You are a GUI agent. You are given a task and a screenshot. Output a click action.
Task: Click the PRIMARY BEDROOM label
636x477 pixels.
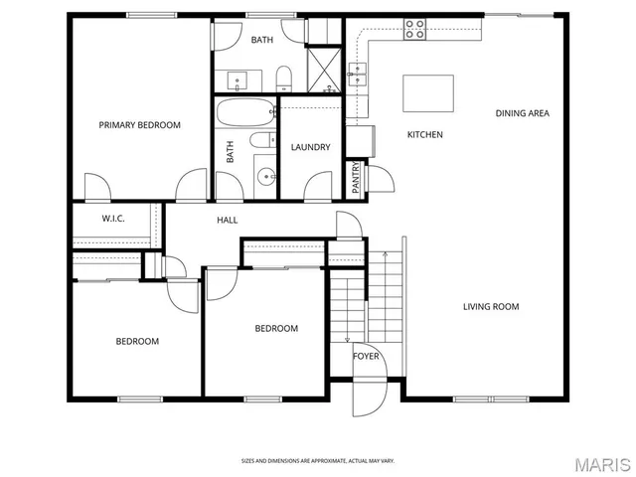pyautogui.click(x=139, y=125)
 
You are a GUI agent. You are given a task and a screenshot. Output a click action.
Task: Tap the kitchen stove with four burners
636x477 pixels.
pyautogui.click(x=414, y=29)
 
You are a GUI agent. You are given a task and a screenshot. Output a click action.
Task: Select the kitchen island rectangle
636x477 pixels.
pyautogui.click(x=427, y=93)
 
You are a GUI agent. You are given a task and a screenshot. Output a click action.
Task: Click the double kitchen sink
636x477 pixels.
pyautogui.click(x=359, y=71)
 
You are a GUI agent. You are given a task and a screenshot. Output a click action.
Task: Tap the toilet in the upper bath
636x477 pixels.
pyautogui.click(x=282, y=78)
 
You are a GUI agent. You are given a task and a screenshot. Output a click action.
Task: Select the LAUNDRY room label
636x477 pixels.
pyautogui.click(x=310, y=148)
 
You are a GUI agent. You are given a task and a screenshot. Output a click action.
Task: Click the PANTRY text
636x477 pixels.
pyautogui.click(x=355, y=178)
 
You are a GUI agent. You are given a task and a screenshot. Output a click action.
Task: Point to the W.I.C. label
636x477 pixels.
pyautogui.click(x=112, y=219)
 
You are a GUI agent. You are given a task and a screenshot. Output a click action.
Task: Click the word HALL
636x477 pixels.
pyautogui.click(x=228, y=220)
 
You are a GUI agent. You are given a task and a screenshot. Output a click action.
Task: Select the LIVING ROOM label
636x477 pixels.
pyautogui.click(x=491, y=307)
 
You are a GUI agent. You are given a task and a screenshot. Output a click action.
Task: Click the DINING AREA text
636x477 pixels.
pyautogui.click(x=522, y=113)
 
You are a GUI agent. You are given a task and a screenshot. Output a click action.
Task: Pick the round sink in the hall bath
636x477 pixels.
pyautogui.click(x=265, y=178)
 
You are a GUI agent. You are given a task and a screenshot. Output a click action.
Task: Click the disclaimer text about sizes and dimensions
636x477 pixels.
pyautogui.click(x=318, y=461)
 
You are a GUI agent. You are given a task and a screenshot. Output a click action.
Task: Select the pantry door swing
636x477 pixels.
pyautogui.click(x=378, y=179)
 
